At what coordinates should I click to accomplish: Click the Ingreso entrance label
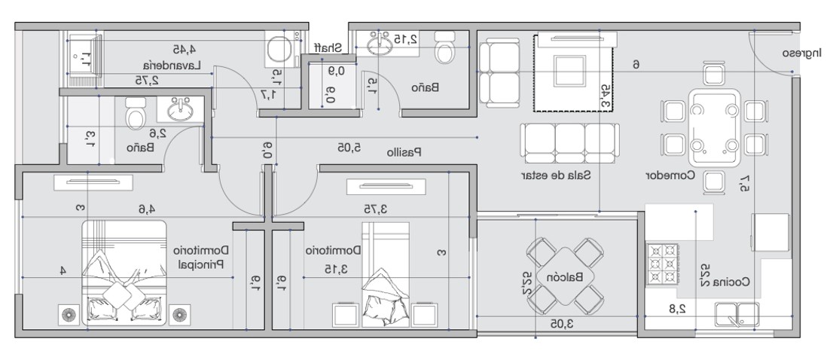(x=801, y=53)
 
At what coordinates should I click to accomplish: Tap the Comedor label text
(x=668, y=174)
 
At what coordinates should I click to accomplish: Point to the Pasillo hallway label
(x=404, y=151)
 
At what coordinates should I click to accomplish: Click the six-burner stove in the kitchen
(x=661, y=265)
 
